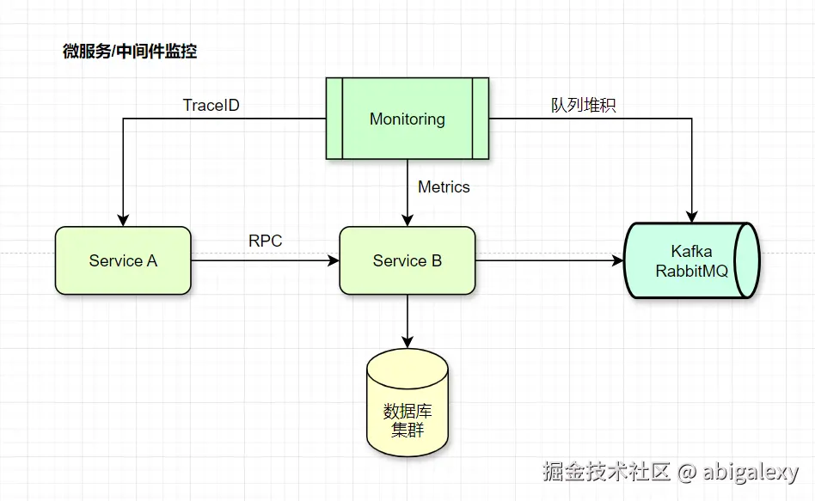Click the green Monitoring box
click(407, 119)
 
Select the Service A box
click(123, 260)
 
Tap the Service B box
click(407, 260)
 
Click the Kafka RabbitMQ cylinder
click(692, 260)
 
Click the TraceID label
click(211, 106)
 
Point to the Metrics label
click(444, 186)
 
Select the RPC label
click(265, 241)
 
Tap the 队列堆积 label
click(584, 106)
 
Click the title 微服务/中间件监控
click(130, 52)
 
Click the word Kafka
click(691, 252)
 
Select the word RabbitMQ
click(691, 271)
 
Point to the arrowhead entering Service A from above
click(123, 220)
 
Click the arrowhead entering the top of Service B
click(407, 220)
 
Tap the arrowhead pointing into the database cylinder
click(407, 344)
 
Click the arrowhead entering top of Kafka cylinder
click(692, 217)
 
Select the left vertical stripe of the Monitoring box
click(334, 119)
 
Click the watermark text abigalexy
click(751, 472)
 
